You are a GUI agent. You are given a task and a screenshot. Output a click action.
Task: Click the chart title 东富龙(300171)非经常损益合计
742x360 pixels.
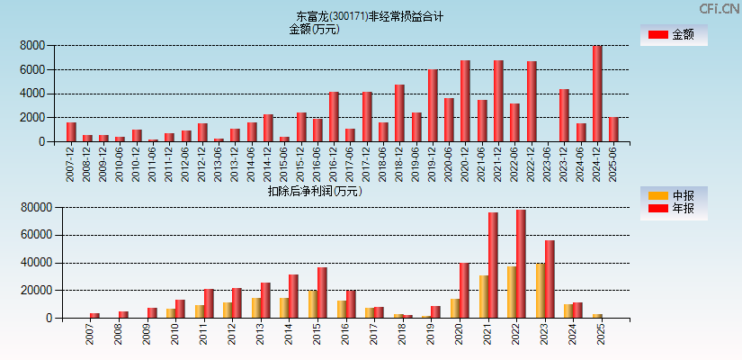(370, 16)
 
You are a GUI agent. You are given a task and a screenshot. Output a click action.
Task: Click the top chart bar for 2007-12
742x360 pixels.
(71, 132)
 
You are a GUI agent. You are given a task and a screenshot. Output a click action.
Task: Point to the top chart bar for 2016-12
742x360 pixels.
(334, 117)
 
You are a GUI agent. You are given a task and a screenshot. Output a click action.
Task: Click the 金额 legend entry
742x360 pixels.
(673, 35)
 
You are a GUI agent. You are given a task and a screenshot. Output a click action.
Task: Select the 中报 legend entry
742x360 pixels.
(673, 195)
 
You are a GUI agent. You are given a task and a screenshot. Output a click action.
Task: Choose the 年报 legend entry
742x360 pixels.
(673, 209)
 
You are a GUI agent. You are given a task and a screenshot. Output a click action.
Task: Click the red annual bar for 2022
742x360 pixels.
(521, 264)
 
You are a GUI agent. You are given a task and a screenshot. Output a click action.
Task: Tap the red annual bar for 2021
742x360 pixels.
(493, 265)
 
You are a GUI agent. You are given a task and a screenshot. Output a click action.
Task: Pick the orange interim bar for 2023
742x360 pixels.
(540, 291)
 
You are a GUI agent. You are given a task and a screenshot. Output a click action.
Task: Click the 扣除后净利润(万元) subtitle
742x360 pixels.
(314, 191)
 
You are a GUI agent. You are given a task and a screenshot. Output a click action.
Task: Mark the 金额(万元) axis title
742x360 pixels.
(314, 29)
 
